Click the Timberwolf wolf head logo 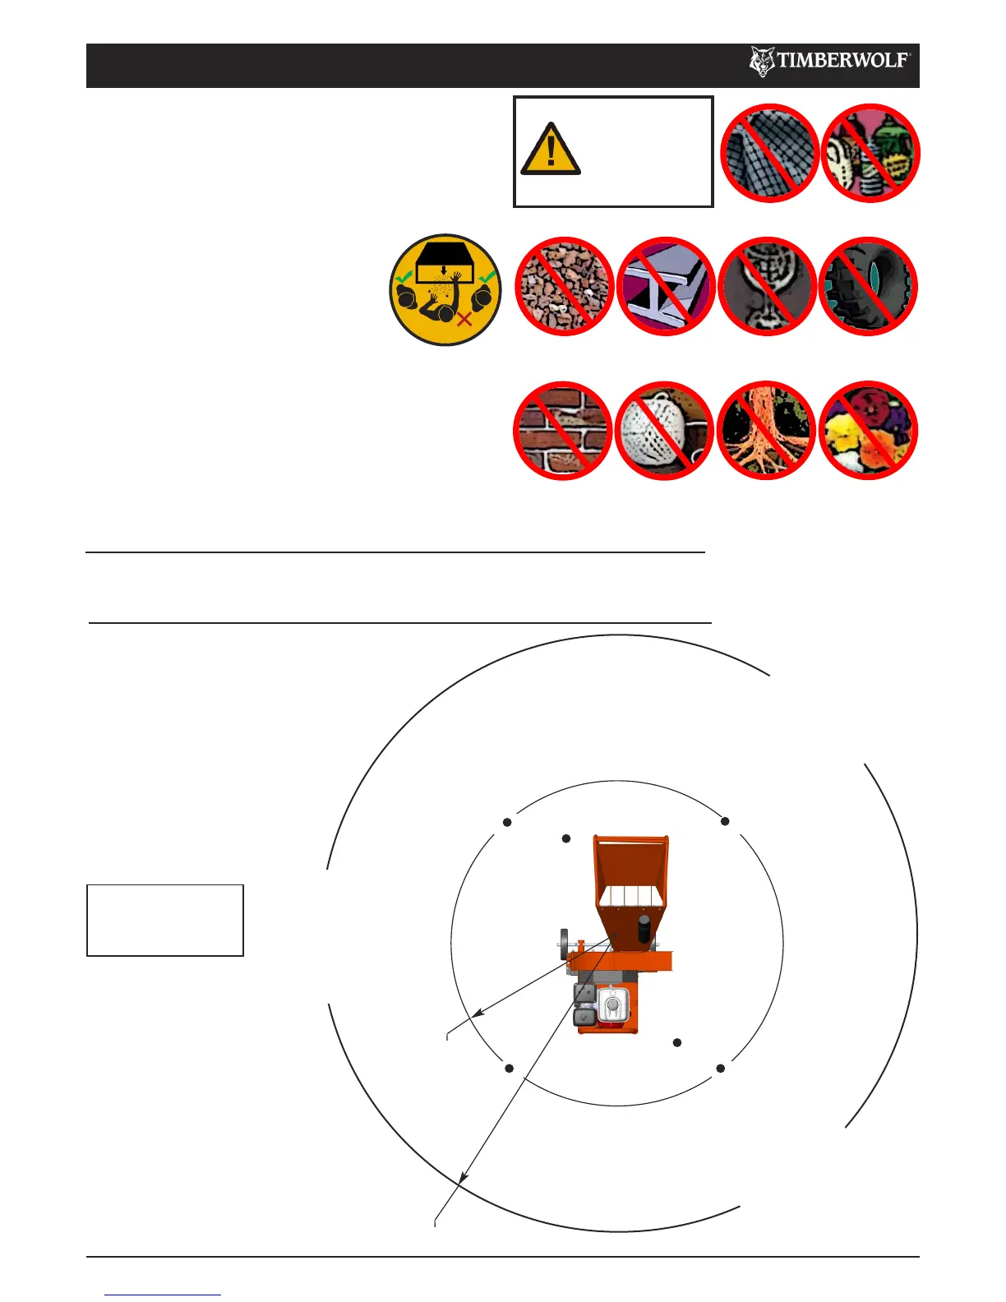click(x=762, y=62)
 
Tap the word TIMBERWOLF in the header click(x=842, y=61)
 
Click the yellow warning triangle click(x=551, y=150)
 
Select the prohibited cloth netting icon click(x=769, y=153)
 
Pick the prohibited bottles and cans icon click(x=870, y=153)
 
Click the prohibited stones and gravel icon click(x=564, y=287)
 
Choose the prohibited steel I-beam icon click(x=665, y=287)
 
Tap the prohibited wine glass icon click(x=767, y=287)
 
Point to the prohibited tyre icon click(x=868, y=287)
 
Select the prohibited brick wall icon click(x=563, y=431)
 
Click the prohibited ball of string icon click(x=664, y=431)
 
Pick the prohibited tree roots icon click(x=766, y=431)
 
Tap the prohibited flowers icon click(x=868, y=431)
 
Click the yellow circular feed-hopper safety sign click(x=445, y=289)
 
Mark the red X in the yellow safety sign click(x=464, y=318)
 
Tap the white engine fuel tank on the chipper click(x=611, y=1007)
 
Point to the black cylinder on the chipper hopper click(x=644, y=929)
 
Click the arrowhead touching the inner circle click(x=478, y=1016)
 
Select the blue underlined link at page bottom click(x=163, y=1295)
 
